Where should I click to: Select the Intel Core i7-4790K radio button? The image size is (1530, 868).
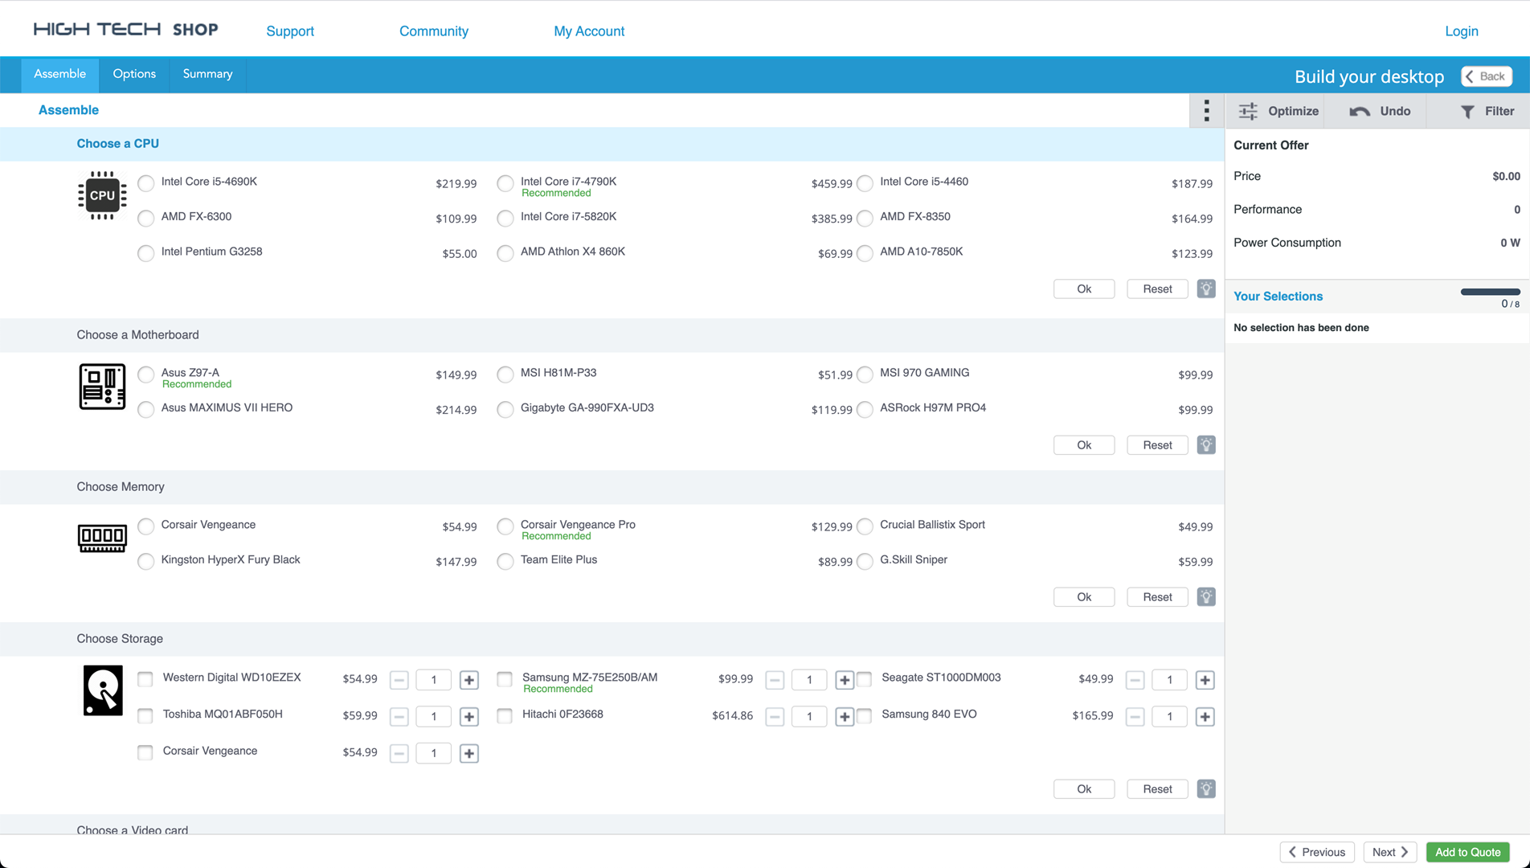505,183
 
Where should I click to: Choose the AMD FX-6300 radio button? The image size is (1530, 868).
145,218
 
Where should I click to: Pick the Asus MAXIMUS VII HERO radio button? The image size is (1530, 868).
145,409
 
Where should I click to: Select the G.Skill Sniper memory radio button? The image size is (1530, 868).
865,561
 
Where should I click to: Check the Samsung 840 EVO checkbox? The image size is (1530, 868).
865,715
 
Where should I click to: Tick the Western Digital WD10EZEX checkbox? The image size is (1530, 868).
145,679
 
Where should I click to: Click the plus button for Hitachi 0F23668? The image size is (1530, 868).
844,717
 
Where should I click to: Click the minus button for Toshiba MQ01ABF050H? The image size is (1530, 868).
399,717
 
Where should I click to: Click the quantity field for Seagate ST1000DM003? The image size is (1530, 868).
1169,680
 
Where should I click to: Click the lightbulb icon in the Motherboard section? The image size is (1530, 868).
1206,444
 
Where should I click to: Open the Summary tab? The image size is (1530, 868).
207,74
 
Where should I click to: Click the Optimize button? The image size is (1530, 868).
1278,111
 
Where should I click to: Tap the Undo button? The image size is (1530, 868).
1380,111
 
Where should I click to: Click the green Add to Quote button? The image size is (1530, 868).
1468,852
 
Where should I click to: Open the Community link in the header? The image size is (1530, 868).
434,31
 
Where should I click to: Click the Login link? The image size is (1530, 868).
1462,31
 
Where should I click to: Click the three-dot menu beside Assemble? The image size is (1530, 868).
1206,111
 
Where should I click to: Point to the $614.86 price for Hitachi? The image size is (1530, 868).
732,716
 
